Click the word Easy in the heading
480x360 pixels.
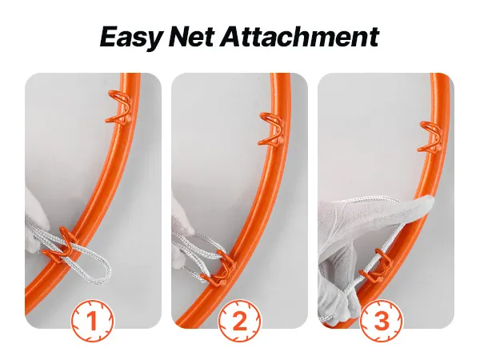point(131,38)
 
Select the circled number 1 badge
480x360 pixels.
point(93,321)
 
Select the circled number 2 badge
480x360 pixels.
point(240,321)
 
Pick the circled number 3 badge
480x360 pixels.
point(382,321)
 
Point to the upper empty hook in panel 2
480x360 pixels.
point(271,129)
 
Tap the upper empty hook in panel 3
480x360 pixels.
point(431,137)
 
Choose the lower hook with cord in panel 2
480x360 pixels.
point(220,266)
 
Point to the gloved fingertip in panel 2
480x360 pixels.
point(186,226)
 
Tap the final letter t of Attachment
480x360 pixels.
point(374,38)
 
